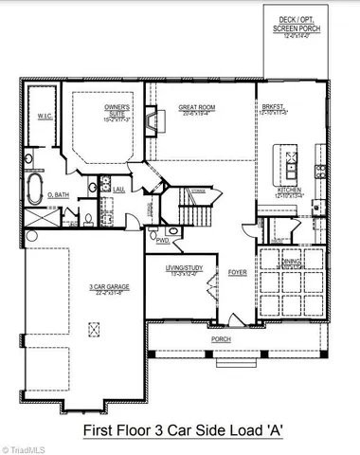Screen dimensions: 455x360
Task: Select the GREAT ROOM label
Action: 197,110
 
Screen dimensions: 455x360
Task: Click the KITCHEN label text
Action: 288,191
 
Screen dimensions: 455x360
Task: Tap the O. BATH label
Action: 55,195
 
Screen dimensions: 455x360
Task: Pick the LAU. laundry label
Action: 118,189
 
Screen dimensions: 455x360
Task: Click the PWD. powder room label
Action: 164,240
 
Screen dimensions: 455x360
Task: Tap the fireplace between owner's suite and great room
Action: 149,120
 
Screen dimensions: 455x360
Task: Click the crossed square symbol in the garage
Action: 92,329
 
